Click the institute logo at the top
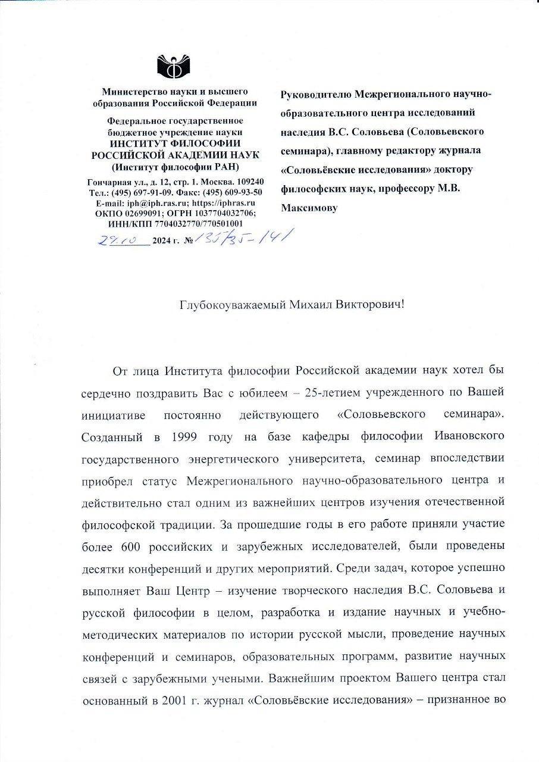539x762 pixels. tap(174, 65)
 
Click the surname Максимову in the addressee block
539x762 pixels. tap(309, 208)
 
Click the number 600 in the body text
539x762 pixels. tap(131, 546)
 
